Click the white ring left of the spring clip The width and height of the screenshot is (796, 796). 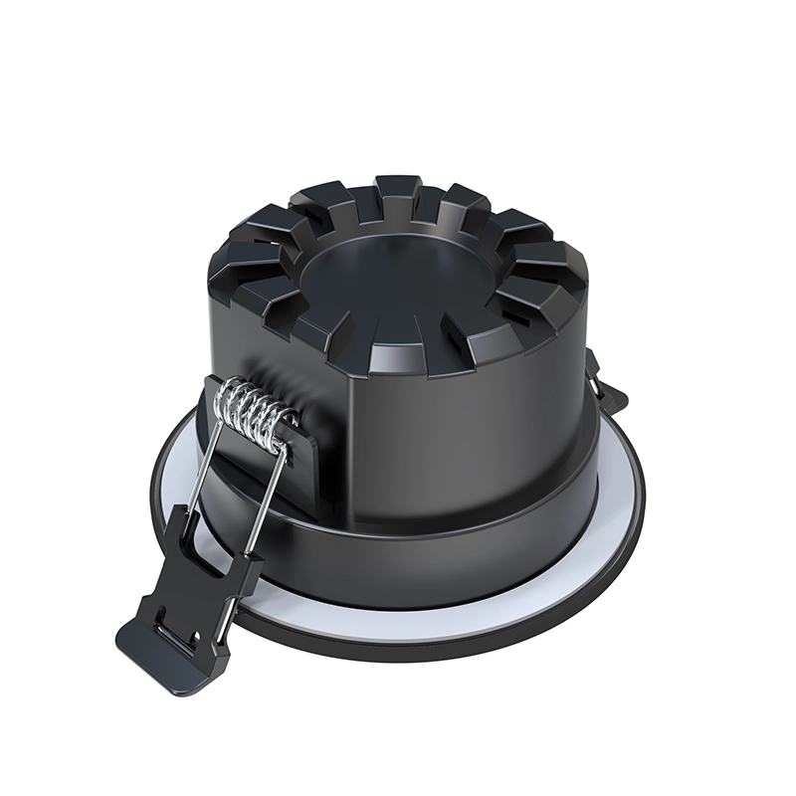174,468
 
